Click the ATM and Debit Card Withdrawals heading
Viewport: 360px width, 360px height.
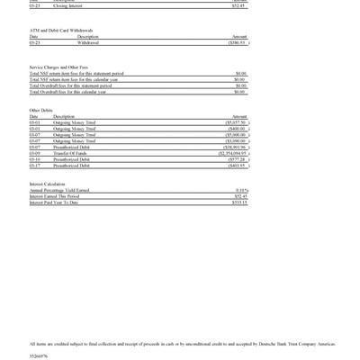coord(60,30)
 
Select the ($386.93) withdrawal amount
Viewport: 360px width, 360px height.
coord(237,42)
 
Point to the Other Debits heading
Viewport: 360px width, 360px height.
coord(41,110)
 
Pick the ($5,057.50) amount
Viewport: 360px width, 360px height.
coord(236,122)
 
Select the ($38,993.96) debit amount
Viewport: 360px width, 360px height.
coord(235,147)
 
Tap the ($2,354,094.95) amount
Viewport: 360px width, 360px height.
coord(232,153)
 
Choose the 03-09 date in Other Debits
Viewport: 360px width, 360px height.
coord(34,153)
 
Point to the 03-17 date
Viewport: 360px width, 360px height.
coord(34,166)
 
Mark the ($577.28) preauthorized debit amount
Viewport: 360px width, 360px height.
coord(237,159)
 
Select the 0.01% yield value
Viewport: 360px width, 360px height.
coord(241,190)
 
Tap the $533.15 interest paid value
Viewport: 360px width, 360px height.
coord(239,202)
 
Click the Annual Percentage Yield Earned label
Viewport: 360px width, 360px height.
coord(59,190)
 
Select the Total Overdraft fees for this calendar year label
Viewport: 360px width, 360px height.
coord(67,91)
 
